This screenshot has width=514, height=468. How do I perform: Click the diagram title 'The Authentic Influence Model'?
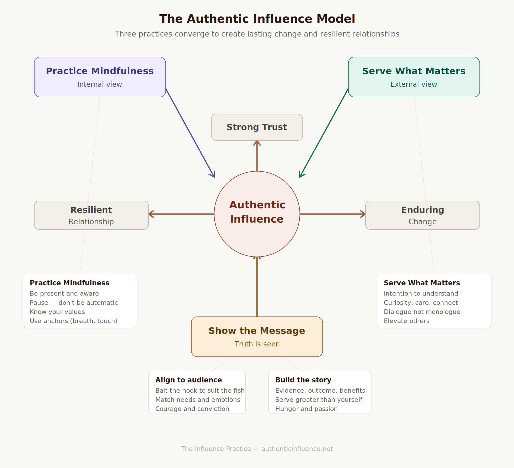point(257,19)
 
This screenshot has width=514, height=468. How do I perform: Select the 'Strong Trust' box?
point(257,127)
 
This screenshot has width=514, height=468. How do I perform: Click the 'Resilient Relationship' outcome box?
point(91,215)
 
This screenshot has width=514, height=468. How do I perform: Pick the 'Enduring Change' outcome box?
point(422,215)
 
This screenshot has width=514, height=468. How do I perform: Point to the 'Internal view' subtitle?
point(100,84)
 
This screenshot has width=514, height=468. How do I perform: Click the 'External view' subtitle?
point(414,84)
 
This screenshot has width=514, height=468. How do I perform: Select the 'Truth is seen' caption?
point(257,344)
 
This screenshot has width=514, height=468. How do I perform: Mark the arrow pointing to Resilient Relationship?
point(181,214)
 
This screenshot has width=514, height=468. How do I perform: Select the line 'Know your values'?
point(57,312)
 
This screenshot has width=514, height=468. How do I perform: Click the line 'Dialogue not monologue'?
point(422,312)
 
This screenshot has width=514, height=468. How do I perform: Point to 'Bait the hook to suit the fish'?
point(200,391)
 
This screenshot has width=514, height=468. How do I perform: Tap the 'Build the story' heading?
point(303,380)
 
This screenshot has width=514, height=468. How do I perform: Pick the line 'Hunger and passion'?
point(306,409)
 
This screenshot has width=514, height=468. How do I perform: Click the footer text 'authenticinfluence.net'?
point(297,449)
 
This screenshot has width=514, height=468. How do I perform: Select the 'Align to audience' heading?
point(188,380)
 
